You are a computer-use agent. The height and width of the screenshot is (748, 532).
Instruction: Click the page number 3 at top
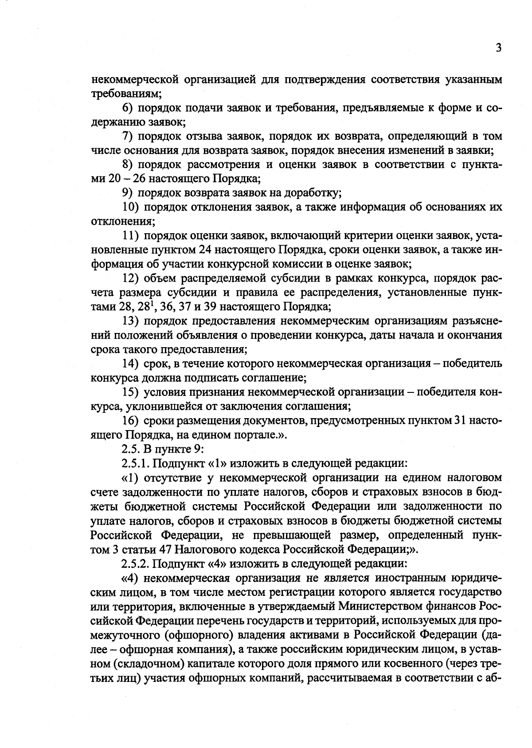[498, 48]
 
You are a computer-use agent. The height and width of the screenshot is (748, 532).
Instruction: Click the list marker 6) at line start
[128, 108]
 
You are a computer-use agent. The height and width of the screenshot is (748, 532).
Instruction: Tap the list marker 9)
[128, 193]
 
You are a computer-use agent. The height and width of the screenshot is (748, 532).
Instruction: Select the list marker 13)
[131, 321]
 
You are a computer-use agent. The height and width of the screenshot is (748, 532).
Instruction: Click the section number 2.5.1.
[136, 463]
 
